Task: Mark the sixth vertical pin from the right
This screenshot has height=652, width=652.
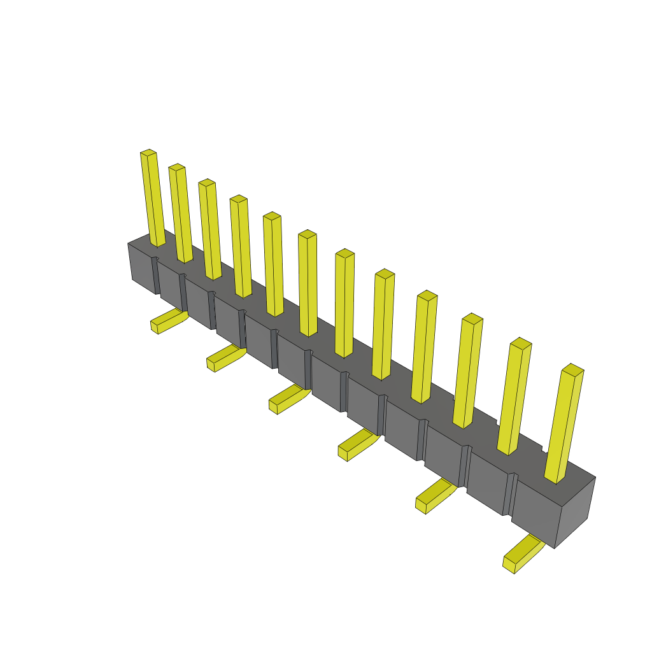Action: [344, 304]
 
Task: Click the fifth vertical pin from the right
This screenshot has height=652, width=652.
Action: [383, 325]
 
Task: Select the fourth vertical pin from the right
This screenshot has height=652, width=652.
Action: [425, 348]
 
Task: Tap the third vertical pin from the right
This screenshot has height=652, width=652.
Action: [468, 371]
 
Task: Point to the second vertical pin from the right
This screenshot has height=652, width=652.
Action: [514, 397]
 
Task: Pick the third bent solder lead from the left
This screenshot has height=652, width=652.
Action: [288, 399]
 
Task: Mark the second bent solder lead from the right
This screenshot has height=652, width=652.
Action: [435, 496]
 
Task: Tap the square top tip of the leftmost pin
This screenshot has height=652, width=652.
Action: [148, 152]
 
